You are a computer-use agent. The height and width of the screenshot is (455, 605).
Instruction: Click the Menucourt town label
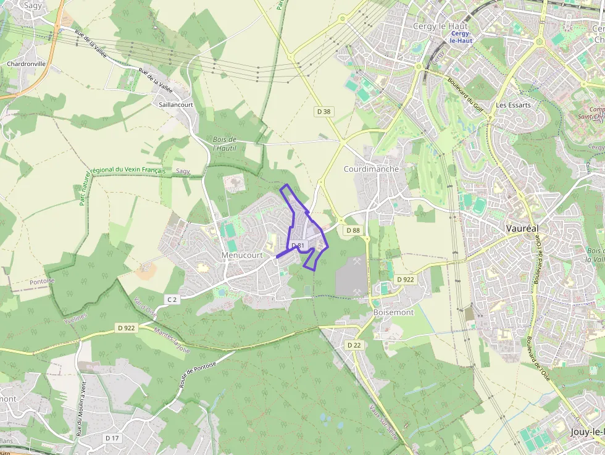pos(242,255)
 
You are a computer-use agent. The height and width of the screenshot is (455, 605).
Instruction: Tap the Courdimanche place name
pos(371,169)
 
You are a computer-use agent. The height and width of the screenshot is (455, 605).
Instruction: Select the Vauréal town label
pos(522,228)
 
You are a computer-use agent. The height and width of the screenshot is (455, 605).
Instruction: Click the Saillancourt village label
pos(176,104)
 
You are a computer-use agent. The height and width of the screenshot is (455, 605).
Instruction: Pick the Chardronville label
pos(26,64)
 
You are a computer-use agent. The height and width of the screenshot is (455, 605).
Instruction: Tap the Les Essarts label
pos(513,105)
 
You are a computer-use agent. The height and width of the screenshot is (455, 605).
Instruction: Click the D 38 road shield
pos(323,112)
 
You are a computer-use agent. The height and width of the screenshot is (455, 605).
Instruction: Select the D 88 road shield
pos(353,230)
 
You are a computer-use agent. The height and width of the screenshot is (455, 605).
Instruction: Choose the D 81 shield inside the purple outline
pos(298,246)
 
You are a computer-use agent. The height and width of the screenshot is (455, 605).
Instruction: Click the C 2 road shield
pos(172,299)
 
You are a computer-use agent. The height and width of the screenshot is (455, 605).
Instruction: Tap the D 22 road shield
pos(353,345)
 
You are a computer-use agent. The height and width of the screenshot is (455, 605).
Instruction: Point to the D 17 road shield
pos(112,438)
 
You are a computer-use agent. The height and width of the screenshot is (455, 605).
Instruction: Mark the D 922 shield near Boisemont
pos(406,279)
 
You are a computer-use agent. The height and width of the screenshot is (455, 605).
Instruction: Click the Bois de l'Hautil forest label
pos(224,144)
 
